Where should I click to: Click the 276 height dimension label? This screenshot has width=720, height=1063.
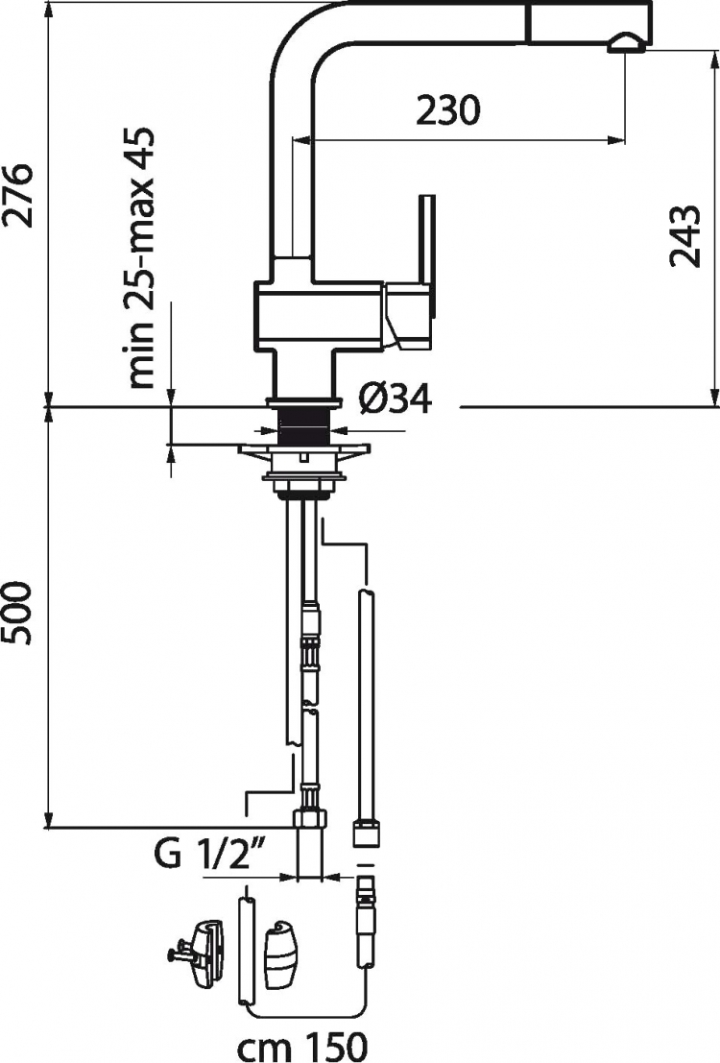pos(17,195)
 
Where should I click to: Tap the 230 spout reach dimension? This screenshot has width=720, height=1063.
pos(448,109)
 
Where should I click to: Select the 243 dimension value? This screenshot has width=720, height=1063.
pos(684,236)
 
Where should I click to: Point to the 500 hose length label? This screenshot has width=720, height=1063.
pos(17,613)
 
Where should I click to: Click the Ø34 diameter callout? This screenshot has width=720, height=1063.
pos(395,399)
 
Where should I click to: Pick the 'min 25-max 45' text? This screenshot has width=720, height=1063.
pos(141,257)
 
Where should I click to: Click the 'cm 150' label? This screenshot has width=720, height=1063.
pos(302,1047)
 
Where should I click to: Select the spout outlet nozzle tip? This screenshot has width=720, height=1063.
pos(629,45)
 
